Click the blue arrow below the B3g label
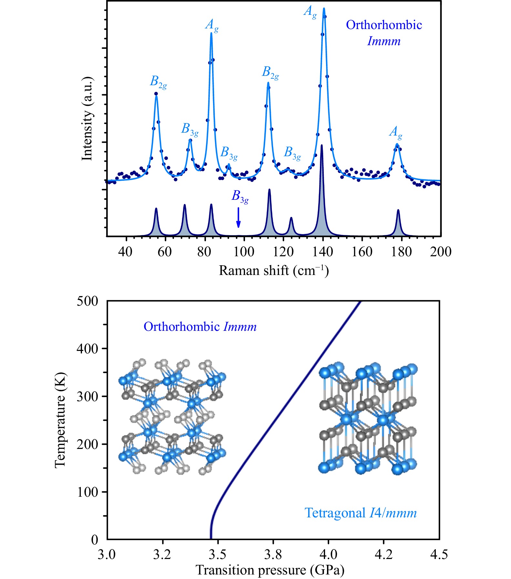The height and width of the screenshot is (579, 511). (238, 217)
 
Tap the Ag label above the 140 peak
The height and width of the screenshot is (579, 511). (310, 12)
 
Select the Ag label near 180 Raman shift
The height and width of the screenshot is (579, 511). (396, 132)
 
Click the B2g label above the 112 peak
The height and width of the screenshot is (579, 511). (270, 73)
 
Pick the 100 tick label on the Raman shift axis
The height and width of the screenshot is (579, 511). (244, 252)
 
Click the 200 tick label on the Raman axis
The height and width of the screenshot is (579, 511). (440, 252)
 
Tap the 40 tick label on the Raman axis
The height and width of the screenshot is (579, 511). (125, 252)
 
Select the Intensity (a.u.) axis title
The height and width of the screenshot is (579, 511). (87, 119)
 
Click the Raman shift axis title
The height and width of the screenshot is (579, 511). (274, 270)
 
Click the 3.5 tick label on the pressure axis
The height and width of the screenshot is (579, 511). (217, 554)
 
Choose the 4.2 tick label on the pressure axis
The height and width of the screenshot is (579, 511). (383, 554)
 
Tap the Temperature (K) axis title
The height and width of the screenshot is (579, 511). (60, 420)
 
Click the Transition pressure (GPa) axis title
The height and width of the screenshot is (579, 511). (270, 570)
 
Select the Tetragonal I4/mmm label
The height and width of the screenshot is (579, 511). (361, 513)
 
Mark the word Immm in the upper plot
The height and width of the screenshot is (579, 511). (384, 41)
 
